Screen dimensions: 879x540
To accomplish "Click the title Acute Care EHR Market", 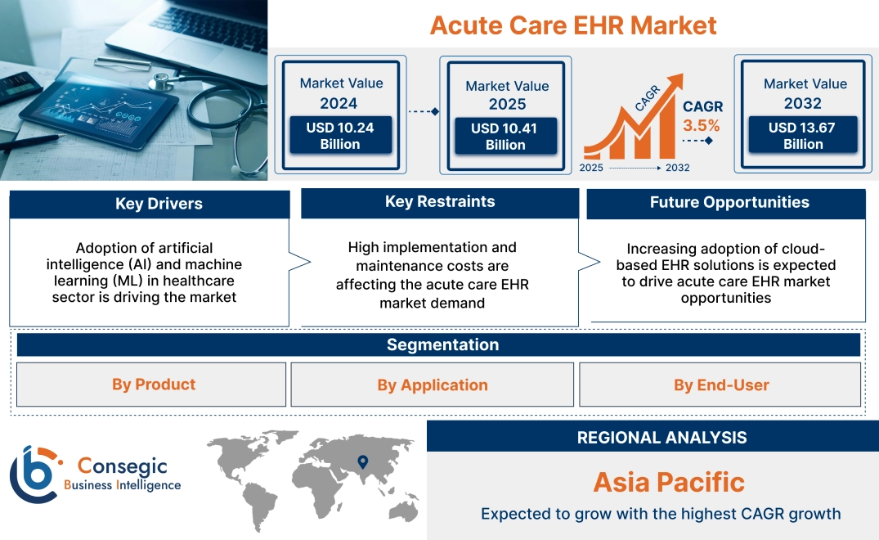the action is [x=573, y=25].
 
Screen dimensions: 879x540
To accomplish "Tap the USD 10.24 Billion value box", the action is [x=340, y=135].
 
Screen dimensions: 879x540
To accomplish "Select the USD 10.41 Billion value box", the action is [x=505, y=136].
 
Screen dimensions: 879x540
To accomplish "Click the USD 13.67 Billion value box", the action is [x=803, y=134].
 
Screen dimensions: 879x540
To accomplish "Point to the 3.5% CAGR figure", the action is [x=702, y=125].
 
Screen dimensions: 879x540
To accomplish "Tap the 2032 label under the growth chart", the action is [x=678, y=168].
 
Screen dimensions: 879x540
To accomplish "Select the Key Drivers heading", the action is [x=159, y=204].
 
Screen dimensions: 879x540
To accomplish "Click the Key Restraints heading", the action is [x=440, y=201].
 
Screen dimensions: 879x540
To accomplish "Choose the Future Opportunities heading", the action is [x=729, y=202].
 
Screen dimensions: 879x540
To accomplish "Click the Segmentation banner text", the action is [x=443, y=344].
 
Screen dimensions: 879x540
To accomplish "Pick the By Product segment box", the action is [x=151, y=384].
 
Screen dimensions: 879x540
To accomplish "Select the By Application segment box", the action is [x=433, y=385].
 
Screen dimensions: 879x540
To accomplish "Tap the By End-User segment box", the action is [x=720, y=385].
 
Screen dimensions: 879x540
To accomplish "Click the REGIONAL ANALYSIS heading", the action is [x=662, y=438].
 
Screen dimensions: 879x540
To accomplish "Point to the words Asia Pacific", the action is [x=669, y=482].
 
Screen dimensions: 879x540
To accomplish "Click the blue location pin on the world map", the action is [x=363, y=461].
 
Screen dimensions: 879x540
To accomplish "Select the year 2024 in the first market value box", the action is [x=339, y=103].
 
